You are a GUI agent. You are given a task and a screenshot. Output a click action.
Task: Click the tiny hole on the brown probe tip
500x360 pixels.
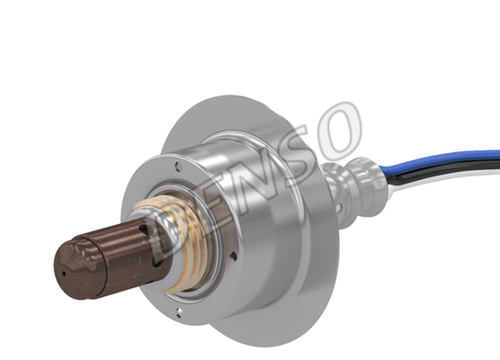click(64, 274)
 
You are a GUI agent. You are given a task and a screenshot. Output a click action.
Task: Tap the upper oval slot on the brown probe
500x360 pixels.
click(144, 229)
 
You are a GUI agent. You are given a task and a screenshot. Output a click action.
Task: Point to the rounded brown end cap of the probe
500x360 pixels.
click(78, 270)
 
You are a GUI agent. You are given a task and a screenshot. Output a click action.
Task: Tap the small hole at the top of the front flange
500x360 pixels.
click(179, 166)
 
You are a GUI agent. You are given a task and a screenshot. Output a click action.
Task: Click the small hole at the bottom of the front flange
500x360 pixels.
click(180, 312)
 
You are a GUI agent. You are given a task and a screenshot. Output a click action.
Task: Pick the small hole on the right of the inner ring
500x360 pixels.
click(234, 256)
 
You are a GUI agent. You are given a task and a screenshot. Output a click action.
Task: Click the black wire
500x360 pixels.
click(446, 168)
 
